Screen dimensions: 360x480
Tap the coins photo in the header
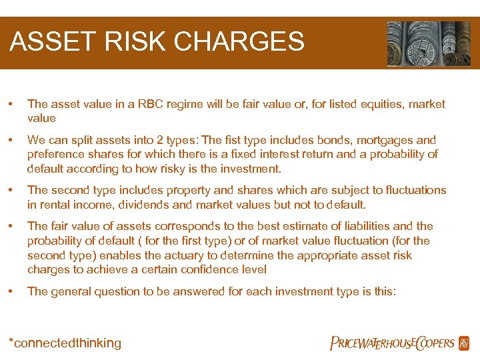429,43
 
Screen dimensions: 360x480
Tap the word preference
55,155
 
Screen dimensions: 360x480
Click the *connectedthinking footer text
65,343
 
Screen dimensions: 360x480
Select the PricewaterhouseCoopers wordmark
392,343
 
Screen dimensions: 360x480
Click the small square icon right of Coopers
464,343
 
